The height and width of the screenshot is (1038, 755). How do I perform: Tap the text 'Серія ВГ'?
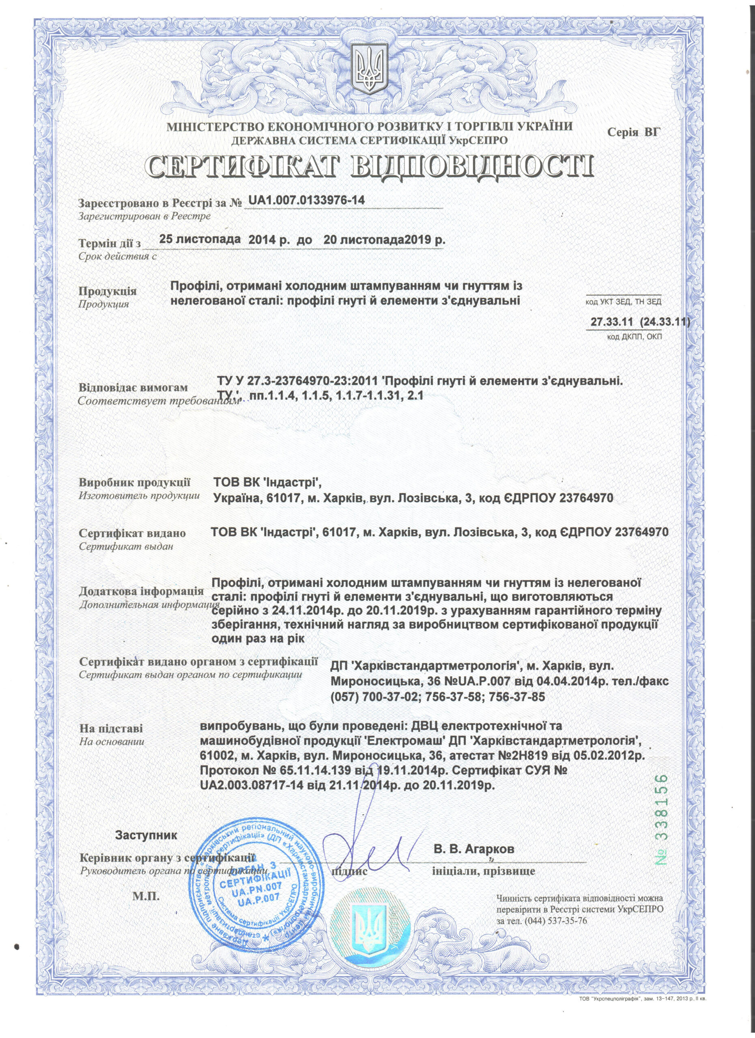pos(634,133)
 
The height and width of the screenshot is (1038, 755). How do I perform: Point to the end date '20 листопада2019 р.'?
pos(384,240)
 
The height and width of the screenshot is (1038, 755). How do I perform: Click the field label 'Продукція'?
pos(108,291)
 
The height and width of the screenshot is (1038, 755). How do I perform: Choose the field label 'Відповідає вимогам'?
pos(133,387)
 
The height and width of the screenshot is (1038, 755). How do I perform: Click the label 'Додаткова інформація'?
pos(142,591)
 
